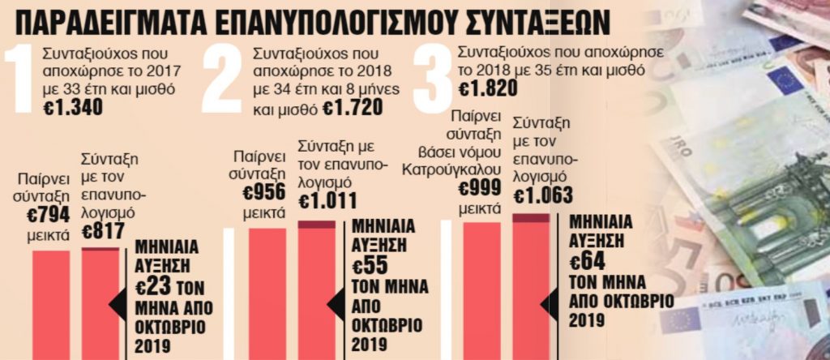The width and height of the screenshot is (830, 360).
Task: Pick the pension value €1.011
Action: (x=327, y=199)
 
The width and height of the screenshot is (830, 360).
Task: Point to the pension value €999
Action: (x=478, y=189)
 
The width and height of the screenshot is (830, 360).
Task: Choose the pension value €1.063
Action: (x=543, y=195)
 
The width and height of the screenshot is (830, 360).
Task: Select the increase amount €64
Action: (x=587, y=261)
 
